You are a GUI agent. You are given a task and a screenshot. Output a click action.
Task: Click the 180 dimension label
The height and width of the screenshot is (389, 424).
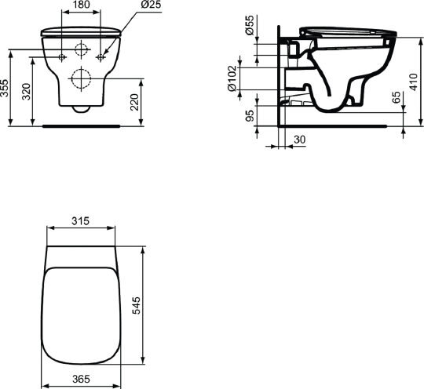tap(82, 5)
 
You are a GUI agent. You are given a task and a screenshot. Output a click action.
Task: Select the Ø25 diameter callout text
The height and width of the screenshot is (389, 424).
tap(150, 5)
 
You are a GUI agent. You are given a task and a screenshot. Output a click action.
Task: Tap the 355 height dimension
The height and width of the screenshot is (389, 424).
tap(5, 88)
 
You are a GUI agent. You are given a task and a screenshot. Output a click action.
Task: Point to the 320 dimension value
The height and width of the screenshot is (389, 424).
tap(26, 92)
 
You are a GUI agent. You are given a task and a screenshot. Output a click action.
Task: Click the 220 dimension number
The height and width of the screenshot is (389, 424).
tap(134, 102)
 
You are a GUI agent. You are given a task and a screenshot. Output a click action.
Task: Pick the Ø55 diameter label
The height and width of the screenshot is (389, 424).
tap(250, 25)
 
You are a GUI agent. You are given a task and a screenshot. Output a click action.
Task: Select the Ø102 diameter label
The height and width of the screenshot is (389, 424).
tap(232, 78)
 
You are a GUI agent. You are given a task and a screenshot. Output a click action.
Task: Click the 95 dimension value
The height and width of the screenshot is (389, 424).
tap(250, 116)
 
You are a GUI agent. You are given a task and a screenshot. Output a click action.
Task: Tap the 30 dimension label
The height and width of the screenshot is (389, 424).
tap(299, 140)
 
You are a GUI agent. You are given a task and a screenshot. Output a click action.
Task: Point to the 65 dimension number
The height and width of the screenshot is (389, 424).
tap(396, 97)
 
